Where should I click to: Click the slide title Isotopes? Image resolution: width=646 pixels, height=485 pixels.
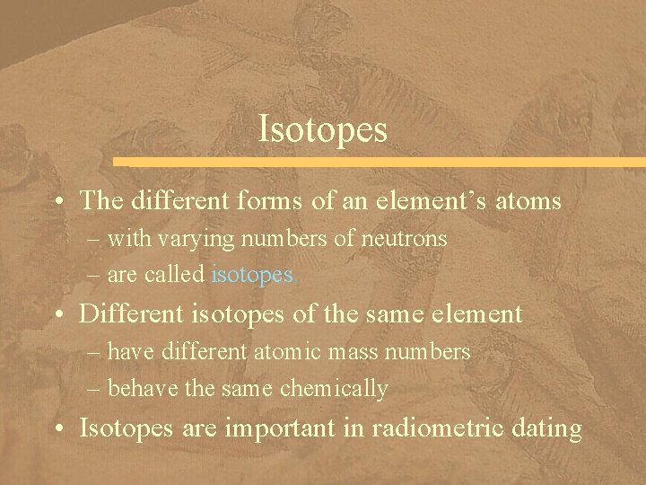coord(322,128)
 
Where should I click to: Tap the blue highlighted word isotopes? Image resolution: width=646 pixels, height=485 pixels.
coord(252,275)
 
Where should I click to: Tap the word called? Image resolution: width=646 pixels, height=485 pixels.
coord(179,275)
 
